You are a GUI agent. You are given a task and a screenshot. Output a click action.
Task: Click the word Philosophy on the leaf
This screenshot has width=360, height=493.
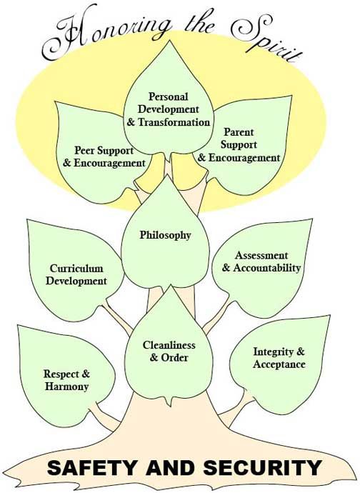pos(166,236)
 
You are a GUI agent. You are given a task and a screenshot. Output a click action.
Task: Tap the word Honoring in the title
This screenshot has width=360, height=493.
pos(108,34)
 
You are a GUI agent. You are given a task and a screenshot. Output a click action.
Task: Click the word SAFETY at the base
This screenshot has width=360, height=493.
pos(92,467)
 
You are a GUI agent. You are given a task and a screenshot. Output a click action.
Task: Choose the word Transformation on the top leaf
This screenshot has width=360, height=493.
pos(174,122)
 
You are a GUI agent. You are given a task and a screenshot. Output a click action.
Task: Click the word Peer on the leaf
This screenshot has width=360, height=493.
pos(84,151)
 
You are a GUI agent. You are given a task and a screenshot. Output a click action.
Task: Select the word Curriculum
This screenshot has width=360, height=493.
pos(76,269)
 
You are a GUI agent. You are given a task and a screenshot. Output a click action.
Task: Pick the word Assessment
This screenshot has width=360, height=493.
pos(261,255)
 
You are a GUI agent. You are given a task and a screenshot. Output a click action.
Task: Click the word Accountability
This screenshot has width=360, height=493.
pos(267,268)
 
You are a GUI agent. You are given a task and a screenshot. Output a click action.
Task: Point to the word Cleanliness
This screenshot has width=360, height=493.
pos(169,345)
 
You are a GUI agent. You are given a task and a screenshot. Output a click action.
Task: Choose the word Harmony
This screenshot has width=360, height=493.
pos(66,387)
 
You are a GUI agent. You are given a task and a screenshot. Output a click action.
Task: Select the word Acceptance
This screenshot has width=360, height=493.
pos(279,364)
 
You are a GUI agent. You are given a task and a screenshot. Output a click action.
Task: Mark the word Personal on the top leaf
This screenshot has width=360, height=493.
pos(168,96)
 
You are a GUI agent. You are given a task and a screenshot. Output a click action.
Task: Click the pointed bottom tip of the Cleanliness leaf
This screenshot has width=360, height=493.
pos(171,406)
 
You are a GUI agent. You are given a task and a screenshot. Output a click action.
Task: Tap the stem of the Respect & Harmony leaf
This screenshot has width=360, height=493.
pos(102,414)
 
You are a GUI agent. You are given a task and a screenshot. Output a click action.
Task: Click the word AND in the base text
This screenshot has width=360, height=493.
pos(170,467)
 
